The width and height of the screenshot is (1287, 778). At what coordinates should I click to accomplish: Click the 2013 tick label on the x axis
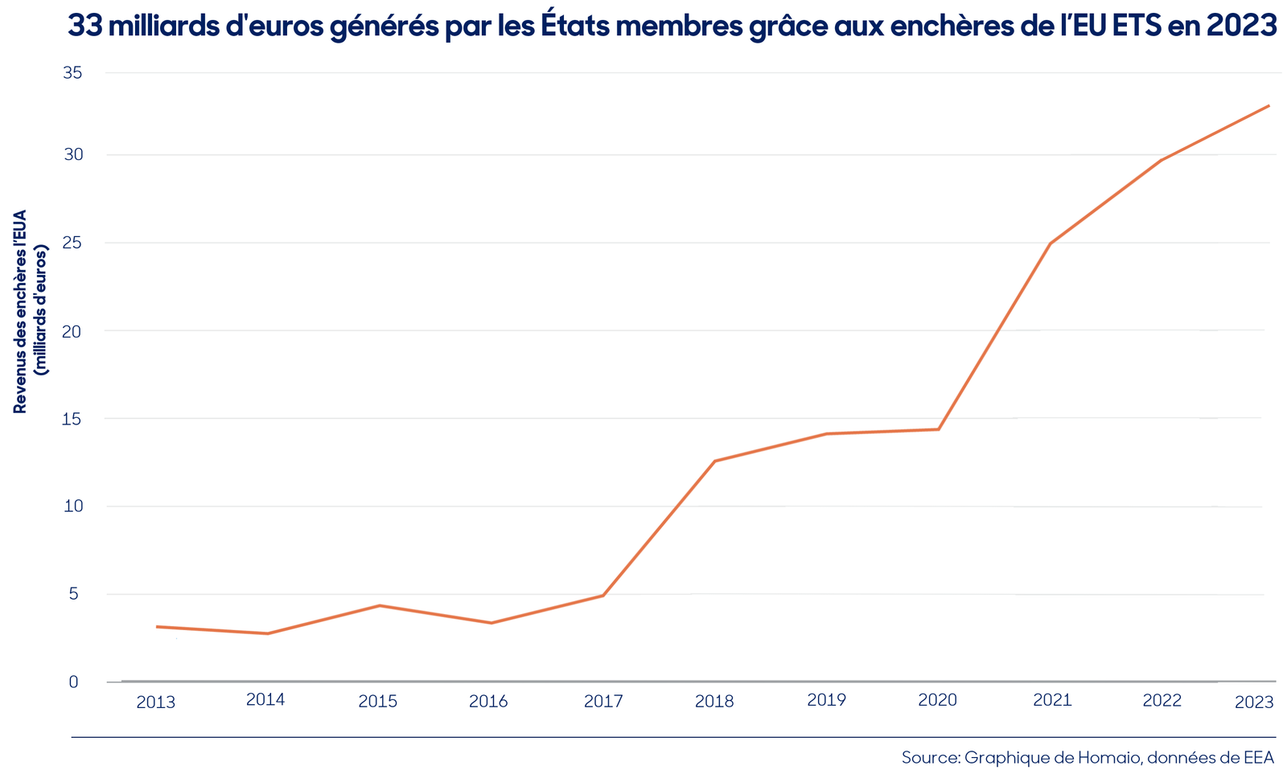(156, 702)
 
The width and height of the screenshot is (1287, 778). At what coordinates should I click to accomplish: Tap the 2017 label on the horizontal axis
(603, 701)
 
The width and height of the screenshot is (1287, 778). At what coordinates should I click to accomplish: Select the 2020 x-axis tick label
(938, 700)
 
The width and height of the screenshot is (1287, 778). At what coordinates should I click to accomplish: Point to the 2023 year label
(1254, 702)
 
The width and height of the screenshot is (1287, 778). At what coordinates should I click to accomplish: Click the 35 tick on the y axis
(73, 73)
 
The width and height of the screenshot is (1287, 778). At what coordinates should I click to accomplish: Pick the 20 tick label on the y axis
(73, 331)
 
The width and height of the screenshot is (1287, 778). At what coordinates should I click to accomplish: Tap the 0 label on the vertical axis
(73, 682)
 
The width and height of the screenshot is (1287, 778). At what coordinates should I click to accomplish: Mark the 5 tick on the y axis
(73, 594)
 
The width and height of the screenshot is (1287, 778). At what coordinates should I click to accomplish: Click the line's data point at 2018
(715, 461)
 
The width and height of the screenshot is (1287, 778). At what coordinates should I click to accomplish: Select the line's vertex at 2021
(1051, 244)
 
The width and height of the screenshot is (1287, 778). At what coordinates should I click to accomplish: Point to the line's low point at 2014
(268, 633)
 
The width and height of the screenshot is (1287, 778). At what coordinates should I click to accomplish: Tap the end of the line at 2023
(1268, 105)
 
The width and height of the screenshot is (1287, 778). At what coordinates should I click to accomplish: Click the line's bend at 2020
(939, 429)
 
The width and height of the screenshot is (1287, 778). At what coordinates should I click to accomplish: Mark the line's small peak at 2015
(379, 605)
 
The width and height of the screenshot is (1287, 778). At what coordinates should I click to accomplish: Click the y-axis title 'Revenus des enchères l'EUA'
(20, 311)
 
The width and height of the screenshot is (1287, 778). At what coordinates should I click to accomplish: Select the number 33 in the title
(85, 25)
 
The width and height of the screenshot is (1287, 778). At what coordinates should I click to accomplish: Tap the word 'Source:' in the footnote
(931, 758)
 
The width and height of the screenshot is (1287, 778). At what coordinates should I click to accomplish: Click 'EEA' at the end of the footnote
(1259, 758)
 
